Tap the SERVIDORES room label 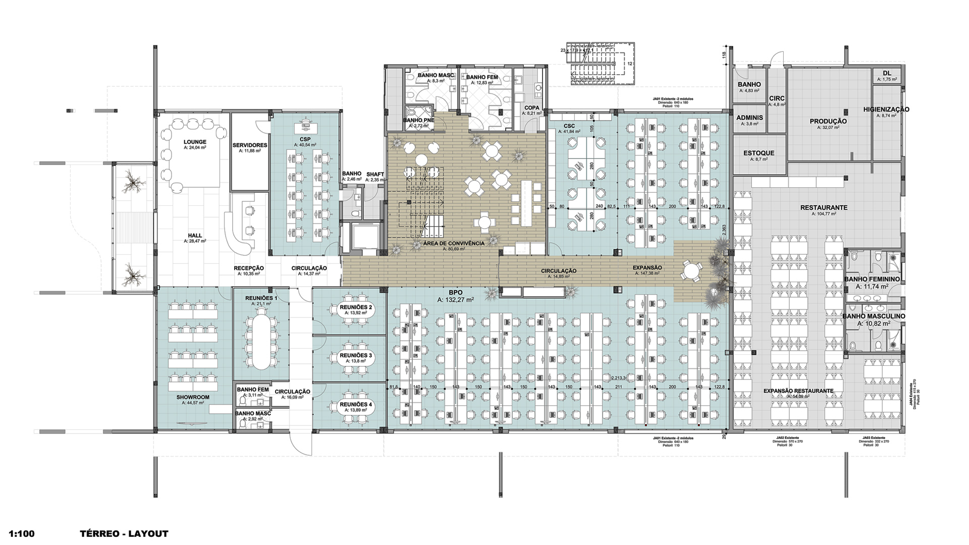[x=250, y=145]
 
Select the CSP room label [x=305, y=139]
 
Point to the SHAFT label [x=375, y=174]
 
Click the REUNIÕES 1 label [x=261, y=298]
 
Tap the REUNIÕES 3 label [x=355, y=355]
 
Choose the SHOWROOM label [x=193, y=397]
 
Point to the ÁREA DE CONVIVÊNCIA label [x=454, y=243]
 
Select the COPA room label [x=532, y=108]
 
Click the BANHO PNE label [x=418, y=120]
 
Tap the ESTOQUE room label [x=759, y=153]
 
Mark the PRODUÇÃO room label [x=828, y=121]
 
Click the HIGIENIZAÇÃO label [x=886, y=109]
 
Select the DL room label [x=887, y=73]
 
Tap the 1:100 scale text [x=22, y=533]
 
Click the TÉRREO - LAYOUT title [x=124, y=533]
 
